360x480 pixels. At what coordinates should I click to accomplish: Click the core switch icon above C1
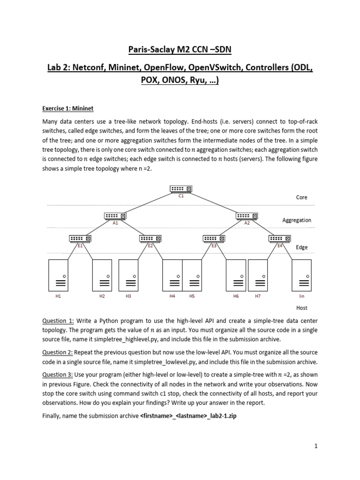point(181,189)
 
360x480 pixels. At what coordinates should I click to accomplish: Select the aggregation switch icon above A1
point(115,216)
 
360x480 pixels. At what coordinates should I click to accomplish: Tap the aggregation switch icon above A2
point(247,216)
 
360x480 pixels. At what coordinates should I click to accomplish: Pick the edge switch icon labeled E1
point(80,239)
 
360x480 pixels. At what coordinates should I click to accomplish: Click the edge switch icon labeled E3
point(214,239)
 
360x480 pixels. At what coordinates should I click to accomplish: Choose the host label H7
point(258,296)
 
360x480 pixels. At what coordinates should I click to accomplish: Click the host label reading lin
point(302,296)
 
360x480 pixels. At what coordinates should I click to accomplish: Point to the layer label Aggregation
point(297,220)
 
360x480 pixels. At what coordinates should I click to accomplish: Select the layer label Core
point(302,197)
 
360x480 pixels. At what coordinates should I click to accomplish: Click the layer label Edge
point(302,247)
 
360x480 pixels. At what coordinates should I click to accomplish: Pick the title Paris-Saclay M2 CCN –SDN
point(180,51)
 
